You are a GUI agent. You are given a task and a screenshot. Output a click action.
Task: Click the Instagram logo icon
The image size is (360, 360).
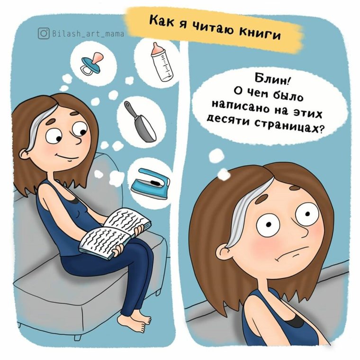pos(44,33)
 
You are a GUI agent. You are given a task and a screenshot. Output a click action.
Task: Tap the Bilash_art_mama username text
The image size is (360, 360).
pos(88,34)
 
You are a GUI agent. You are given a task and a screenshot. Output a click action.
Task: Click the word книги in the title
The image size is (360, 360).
pos(258,32)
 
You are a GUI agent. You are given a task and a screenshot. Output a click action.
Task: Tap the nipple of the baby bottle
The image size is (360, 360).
pos(155,47)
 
